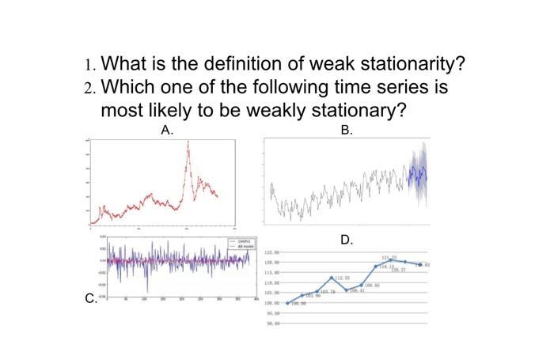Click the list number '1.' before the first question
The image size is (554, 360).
point(91,63)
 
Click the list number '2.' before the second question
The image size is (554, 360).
point(91,87)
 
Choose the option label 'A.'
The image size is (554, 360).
point(167,131)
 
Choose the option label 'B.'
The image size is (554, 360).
point(347,131)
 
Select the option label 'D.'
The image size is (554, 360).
point(347,239)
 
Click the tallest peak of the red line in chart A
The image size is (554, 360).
point(188,143)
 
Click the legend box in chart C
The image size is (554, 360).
point(239,243)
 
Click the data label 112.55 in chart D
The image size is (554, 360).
point(342,279)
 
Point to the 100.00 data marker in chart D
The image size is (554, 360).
point(287,303)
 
